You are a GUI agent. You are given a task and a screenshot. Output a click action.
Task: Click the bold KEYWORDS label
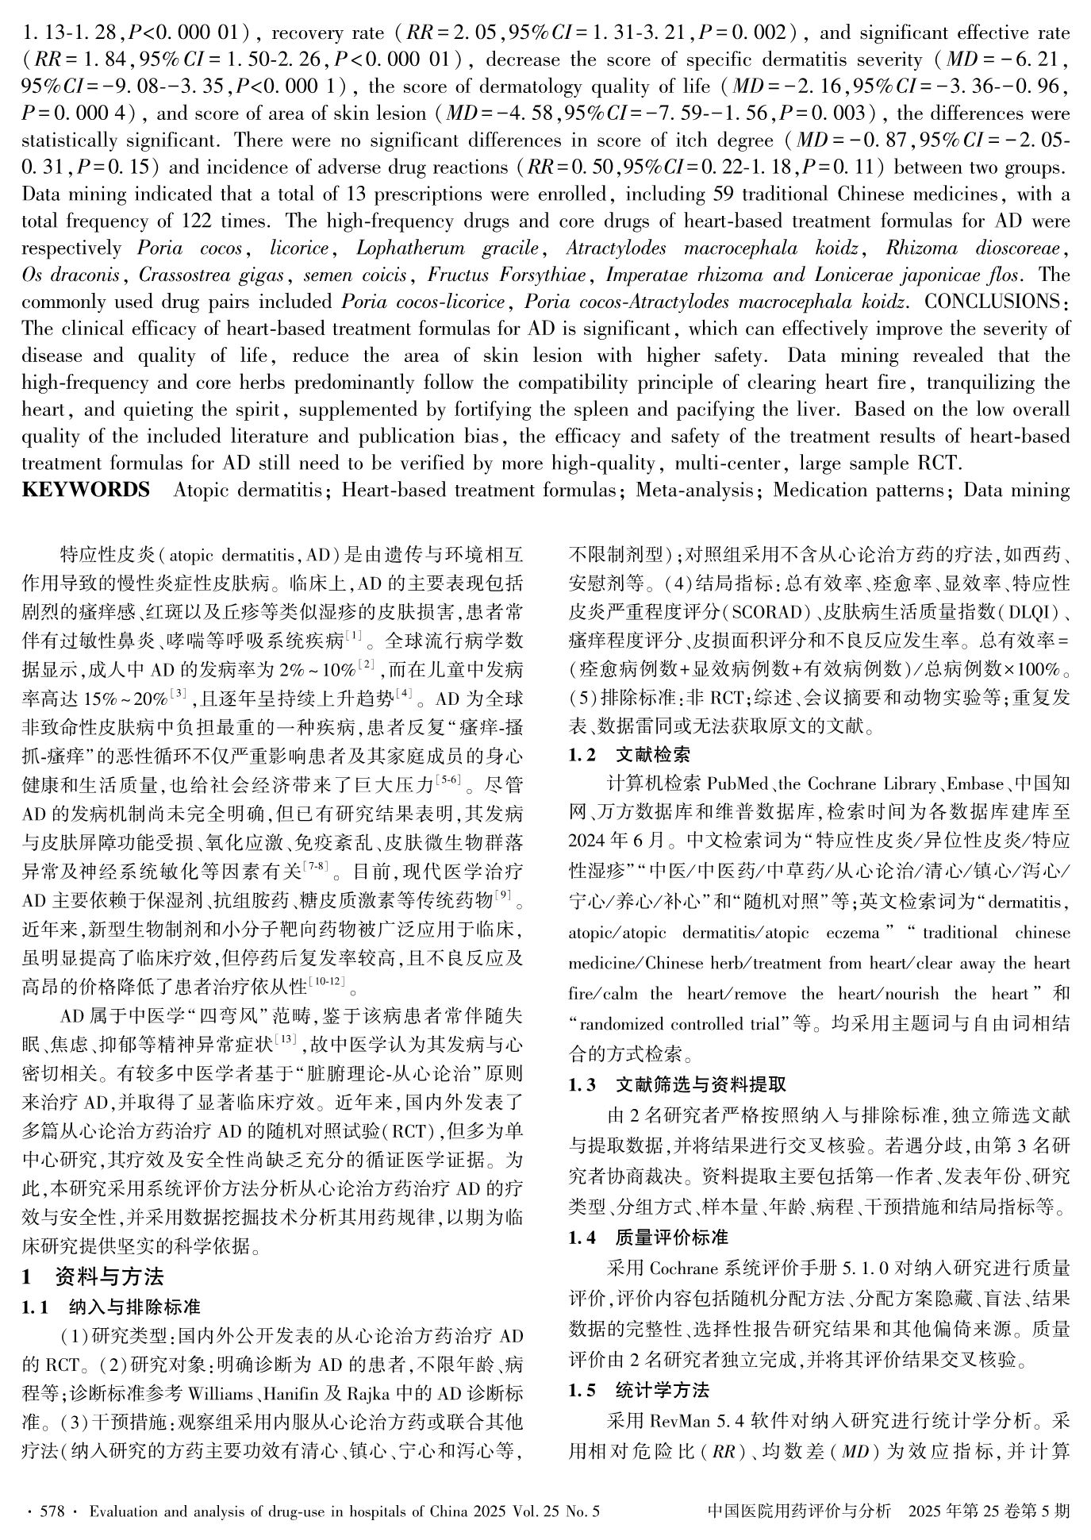click(86, 490)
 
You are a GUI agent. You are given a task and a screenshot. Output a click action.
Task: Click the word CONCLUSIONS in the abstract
click(997, 302)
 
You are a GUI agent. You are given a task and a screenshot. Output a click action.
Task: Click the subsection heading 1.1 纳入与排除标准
click(110, 1307)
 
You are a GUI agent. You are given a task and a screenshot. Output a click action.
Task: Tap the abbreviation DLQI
click(1028, 614)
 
